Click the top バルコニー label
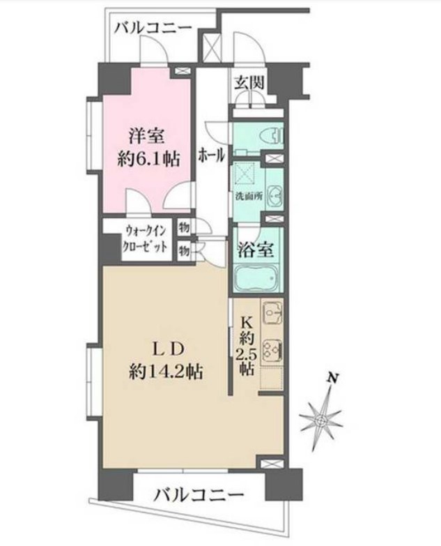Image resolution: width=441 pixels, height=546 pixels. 153,27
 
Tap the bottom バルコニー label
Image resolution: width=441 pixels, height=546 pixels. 199,494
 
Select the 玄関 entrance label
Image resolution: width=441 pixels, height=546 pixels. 249,83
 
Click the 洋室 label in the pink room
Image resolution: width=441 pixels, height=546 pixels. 146,136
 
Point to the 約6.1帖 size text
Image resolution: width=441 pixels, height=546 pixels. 148,160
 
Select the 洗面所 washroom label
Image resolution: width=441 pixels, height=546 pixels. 248,196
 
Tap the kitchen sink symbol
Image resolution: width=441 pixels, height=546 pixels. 272,312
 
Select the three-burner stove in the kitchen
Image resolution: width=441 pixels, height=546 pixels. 272,350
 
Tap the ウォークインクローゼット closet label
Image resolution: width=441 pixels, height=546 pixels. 146,239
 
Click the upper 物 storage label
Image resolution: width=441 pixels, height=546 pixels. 184,228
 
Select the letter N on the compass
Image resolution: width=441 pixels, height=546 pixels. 334,378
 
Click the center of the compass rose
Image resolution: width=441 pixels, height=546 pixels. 321,421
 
